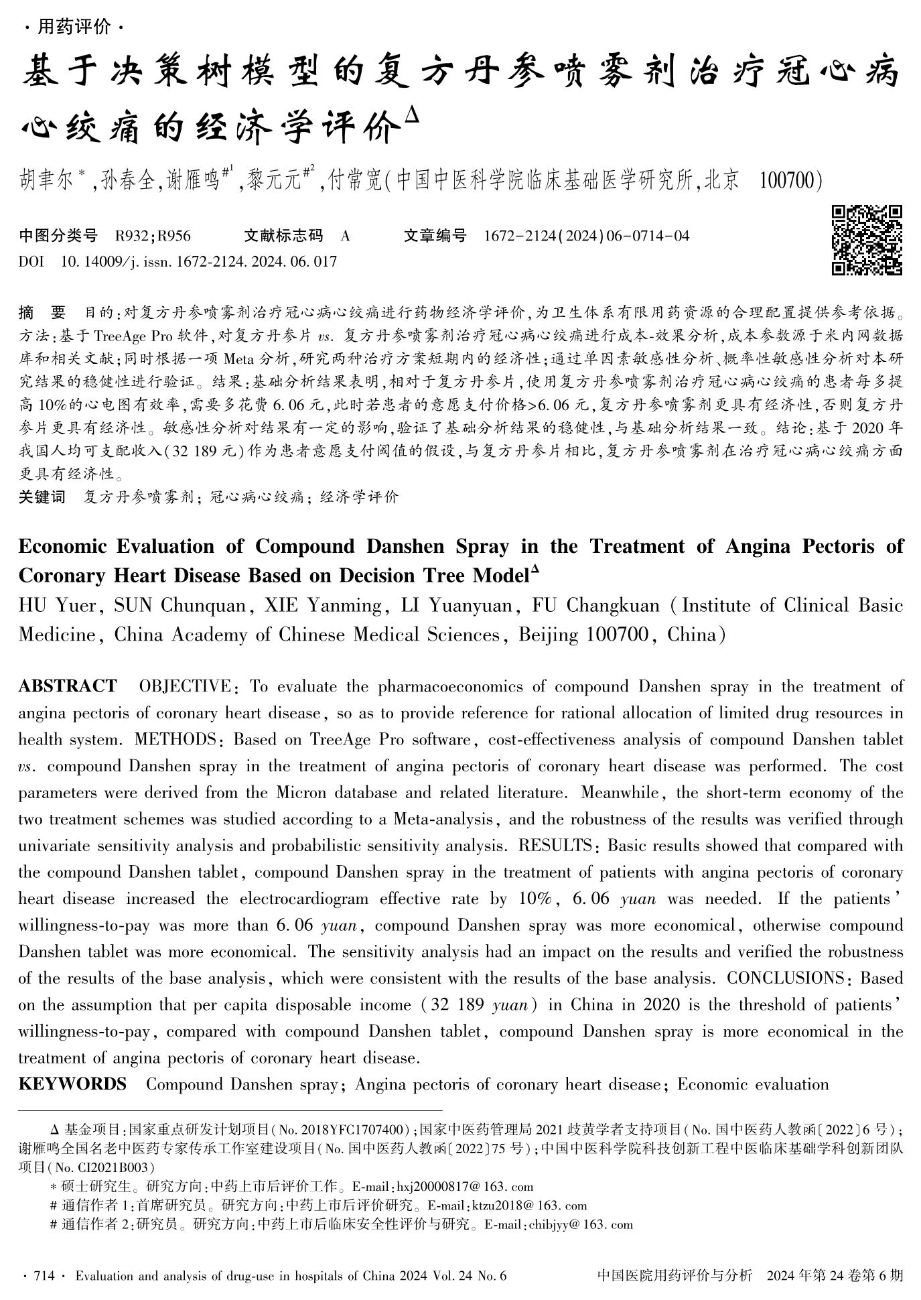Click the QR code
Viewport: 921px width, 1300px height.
pyautogui.click(x=867, y=240)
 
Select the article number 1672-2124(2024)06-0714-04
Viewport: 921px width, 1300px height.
pyautogui.click(x=586, y=236)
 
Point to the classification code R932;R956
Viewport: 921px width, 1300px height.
pyautogui.click(x=153, y=236)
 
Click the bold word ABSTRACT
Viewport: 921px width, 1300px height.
pyautogui.click(x=67, y=686)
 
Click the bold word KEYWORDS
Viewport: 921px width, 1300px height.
pyautogui.click(x=72, y=1084)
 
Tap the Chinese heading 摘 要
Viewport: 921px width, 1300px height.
pyautogui.click(x=43, y=312)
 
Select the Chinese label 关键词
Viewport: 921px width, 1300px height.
pyautogui.click(x=42, y=497)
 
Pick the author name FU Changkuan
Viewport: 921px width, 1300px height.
pyautogui.click(x=595, y=606)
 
